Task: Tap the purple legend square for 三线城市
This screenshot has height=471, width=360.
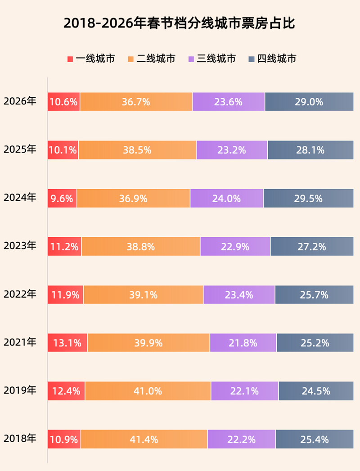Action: [x=191, y=59]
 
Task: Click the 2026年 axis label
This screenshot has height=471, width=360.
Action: [x=20, y=101]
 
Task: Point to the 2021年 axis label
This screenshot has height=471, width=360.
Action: [x=20, y=342]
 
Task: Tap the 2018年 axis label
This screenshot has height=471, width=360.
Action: [x=20, y=439]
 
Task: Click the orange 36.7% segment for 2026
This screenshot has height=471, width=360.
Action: [x=136, y=102]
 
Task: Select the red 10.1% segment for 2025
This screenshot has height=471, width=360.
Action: [x=63, y=150]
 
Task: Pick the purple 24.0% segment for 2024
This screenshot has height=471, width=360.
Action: [x=227, y=198]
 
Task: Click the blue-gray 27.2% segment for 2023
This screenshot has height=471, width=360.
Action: [x=312, y=246]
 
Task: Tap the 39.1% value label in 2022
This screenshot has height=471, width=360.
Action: [x=144, y=295]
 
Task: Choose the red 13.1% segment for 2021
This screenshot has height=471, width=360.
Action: [x=67, y=343]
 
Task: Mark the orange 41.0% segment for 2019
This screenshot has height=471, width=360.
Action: [x=148, y=391]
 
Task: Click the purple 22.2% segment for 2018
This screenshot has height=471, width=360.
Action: [x=242, y=439]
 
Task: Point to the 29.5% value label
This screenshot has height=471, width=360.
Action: [x=308, y=198]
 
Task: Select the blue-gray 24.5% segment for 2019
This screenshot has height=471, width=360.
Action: [x=316, y=391]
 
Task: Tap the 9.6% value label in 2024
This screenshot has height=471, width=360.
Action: [x=62, y=198]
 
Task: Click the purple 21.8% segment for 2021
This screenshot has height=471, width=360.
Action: [x=243, y=343]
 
